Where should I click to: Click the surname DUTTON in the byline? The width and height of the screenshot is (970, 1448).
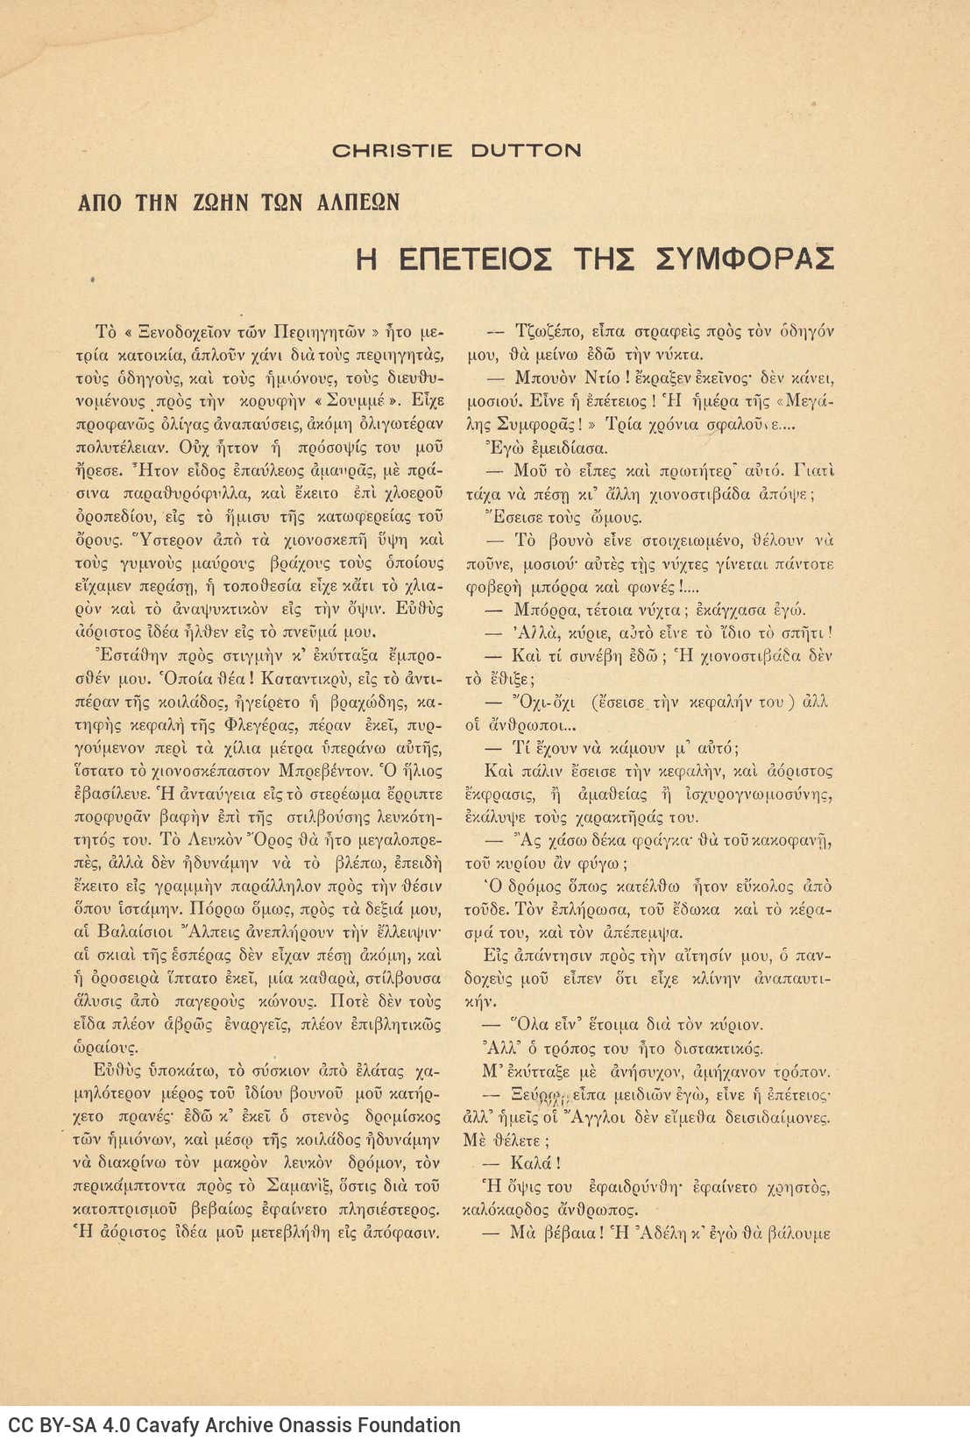point(526,151)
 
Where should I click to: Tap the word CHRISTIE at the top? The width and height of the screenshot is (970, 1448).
point(392,151)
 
